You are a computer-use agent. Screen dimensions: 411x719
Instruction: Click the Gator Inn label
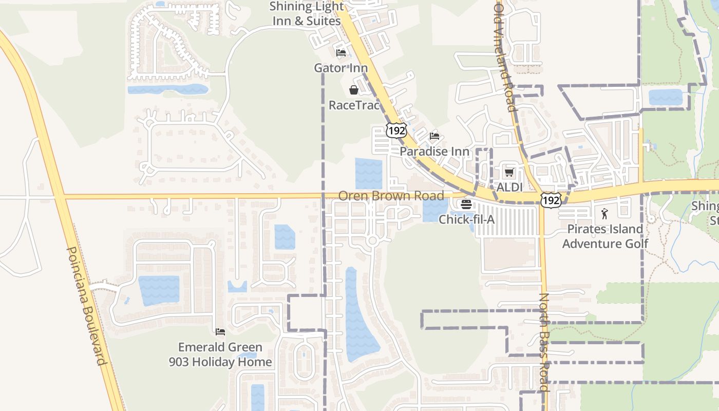click(341, 68)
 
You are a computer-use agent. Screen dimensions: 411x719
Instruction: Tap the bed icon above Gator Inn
click(340, 52)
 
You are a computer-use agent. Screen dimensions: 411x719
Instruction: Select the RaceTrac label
click(354, 105)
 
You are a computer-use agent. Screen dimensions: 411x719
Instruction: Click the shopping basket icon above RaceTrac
click(354, 90)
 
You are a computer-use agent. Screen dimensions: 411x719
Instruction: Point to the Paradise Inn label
click(434, 152)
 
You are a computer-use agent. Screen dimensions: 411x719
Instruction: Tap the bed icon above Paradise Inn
click(434, 136)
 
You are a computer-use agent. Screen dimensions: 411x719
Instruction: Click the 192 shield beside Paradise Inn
click(397, 130)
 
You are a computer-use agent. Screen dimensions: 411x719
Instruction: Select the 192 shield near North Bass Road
click(551, 200)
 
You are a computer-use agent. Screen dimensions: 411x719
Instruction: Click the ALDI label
click(509, 188)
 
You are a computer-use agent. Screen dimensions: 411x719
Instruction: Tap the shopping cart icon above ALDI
click(509, 172)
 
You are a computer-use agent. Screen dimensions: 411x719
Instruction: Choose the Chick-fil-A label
click(466, 219)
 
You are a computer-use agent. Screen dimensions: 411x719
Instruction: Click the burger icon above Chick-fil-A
click(466, 204)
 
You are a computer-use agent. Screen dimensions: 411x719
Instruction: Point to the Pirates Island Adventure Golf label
click(605, 236)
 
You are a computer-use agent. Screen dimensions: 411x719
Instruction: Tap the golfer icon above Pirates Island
click(605, 213)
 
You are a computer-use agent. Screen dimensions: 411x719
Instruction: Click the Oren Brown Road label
click(391, 196)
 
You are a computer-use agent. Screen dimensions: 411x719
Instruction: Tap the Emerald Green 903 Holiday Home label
click(220, 354)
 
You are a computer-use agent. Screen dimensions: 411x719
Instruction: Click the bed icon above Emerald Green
click(220, 332)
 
